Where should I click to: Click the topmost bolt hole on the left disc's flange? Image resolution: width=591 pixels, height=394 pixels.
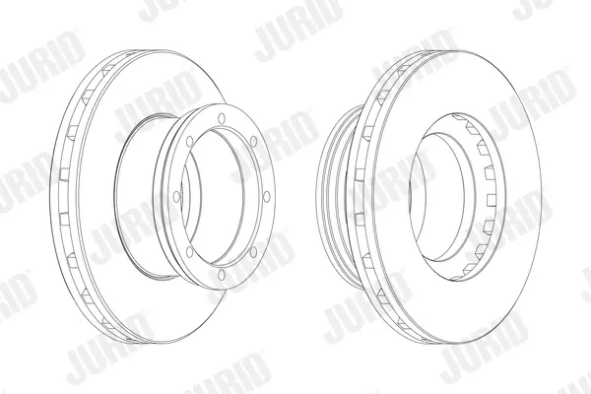point(222,118)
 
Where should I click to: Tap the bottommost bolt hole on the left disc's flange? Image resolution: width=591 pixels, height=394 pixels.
point(222,275)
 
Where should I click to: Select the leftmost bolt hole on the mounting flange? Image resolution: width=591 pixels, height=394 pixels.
point(176,196)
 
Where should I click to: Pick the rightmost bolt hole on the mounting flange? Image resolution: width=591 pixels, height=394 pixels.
point(267,196)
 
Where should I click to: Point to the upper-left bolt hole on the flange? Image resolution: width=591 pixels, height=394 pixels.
point(189,142)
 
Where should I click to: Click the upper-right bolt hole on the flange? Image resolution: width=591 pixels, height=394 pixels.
point(254,142)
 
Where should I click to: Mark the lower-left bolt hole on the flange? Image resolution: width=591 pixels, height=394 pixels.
point(189,251)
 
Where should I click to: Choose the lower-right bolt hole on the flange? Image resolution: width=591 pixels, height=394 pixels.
point(254,251)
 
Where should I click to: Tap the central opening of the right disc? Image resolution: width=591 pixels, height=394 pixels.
point(437,196)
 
